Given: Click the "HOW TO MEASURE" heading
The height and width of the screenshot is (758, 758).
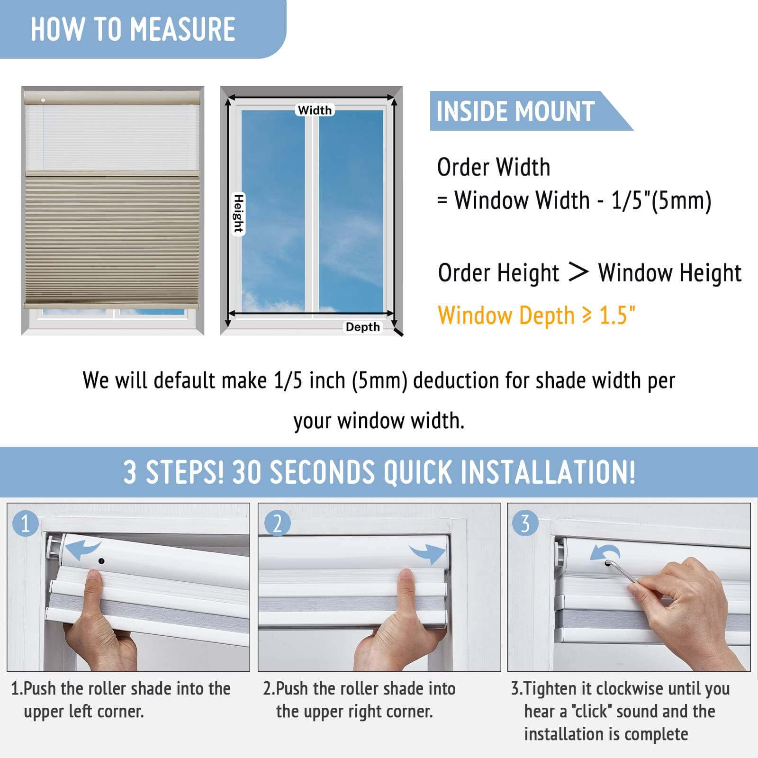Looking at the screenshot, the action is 133,29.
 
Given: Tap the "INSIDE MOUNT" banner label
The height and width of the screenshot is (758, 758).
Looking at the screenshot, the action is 515,111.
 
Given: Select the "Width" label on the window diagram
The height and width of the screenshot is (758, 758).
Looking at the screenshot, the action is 315,110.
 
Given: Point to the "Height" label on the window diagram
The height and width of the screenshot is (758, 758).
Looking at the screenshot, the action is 238,214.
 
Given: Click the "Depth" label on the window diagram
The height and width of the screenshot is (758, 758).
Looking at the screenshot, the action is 362,327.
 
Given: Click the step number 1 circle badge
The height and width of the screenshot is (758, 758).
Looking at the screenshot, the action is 25,523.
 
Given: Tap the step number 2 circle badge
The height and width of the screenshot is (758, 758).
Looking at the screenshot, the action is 277,523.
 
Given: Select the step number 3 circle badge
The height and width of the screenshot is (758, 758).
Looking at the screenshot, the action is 525,523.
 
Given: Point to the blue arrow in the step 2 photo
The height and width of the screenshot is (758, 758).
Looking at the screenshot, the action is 427,553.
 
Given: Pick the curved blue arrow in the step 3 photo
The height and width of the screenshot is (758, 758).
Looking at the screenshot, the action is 605,552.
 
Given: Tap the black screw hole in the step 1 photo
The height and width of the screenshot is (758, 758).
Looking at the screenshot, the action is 101,561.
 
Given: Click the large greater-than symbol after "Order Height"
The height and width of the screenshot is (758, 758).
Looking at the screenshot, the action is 578,272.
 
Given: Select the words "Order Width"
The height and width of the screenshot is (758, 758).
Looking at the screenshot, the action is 494,167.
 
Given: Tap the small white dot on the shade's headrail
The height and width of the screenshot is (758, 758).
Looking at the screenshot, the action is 43,100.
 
